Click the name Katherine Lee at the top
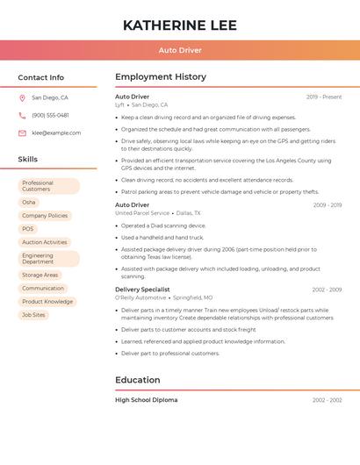pos(180,25)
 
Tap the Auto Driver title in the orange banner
pos(180,50)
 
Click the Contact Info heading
pos(41,77)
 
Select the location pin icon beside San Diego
pos(22,98)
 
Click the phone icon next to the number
pos(22,116)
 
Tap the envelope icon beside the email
pos(22,133)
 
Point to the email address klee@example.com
pos(56,133)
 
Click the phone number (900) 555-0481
pos(50,116)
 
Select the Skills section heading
pos(28,160)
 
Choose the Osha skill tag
pos(29,202)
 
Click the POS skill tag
pos(28,229)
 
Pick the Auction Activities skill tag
pos(45,242)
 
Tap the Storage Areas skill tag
pos(40,275)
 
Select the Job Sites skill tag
pos(33,314)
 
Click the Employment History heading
pos(161,77)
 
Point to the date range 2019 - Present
pos(324,97)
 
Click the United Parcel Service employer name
pos(142,213)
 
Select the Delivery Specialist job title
pos(142,290)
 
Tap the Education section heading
pos(138,380)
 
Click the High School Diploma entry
pos(147,400)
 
